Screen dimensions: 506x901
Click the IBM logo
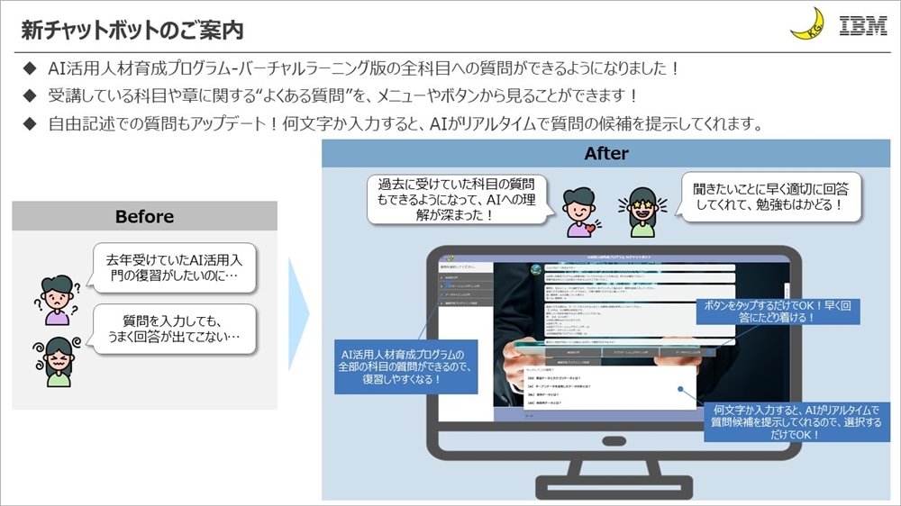point(862,25)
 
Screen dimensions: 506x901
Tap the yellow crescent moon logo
point(807,24)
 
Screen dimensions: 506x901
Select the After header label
point(606,153)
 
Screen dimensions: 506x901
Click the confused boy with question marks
point(57,299)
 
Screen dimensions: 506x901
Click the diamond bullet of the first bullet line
point(30,68)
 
